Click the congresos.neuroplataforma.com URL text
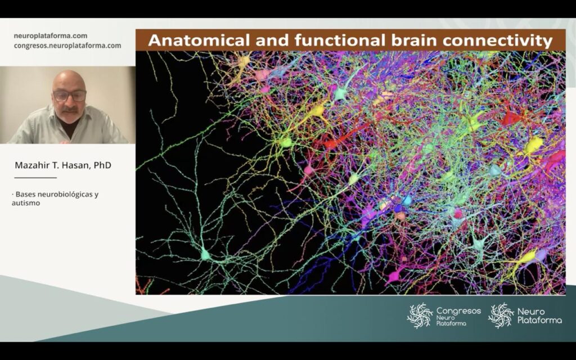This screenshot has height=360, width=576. (67, 46)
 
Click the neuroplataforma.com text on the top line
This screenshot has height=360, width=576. (50, 36)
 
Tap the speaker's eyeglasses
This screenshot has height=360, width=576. (70, 96)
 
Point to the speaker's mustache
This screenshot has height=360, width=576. (70, 109)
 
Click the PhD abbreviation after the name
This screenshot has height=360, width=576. (102, 165)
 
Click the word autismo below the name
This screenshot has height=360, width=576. (26, 202)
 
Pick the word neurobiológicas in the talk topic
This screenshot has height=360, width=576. (65, 194)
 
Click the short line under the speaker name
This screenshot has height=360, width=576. (35, 178)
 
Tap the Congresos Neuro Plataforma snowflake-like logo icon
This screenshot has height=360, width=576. (420, 316)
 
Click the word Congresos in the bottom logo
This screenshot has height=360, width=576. (458, 311)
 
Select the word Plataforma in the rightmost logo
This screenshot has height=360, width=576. (539, 320)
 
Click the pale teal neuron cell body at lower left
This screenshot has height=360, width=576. (205, 254)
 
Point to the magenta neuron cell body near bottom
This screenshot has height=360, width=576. (394, 274)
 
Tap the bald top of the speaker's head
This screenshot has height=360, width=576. (68, 76)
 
